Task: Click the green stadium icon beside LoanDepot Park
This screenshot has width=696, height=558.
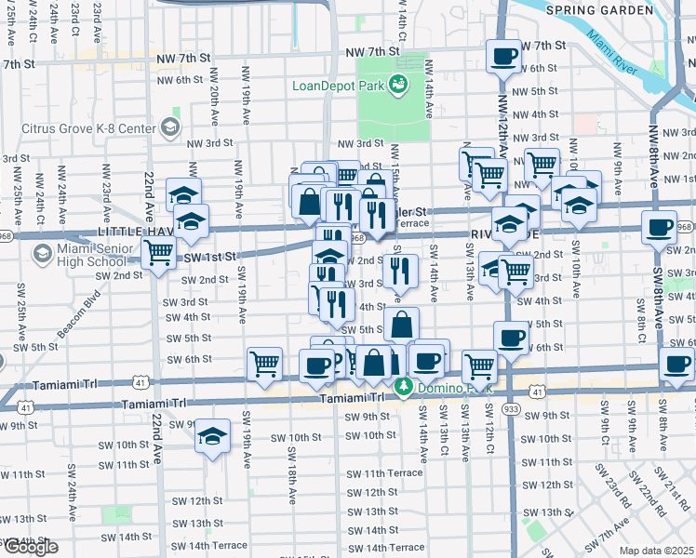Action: coord(399,86)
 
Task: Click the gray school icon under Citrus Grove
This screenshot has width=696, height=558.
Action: coord(170,127)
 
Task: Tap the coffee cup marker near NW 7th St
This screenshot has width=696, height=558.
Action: coord(504,56)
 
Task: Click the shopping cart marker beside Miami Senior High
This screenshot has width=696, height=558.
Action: coord(159,251)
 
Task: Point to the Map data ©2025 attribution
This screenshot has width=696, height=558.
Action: coord(656,551)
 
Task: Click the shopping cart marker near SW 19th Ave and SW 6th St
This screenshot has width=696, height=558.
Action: coord(265,363)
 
